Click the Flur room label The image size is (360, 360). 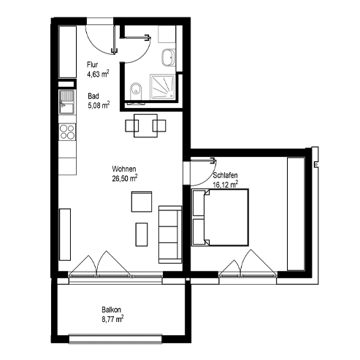pos(92,65)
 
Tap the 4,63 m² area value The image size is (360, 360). pos(98,74)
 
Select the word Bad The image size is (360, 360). pos(93,96)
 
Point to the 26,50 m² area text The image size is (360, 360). pos(125,178)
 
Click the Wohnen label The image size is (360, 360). pos(124,169)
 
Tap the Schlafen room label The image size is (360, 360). pos(225,175)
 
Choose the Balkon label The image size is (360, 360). pos(111,310)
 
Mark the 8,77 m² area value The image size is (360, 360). pos(112,319)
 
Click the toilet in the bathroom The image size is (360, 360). pos(136,91)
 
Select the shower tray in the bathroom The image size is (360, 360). pos(163,87)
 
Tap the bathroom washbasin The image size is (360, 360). pos(168,58)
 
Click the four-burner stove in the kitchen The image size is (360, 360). pos(67,131)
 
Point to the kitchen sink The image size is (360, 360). pos(67,102)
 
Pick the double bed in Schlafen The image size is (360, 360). pos(220,218)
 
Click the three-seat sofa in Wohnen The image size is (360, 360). pos(170,234)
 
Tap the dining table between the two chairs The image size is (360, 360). pos(145,126)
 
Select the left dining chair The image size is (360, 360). pos(132,126)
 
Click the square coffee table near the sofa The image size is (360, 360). pos(142,202)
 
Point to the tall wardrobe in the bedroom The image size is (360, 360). pos(296,214)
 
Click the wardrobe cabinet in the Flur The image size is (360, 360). pos(68,52)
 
